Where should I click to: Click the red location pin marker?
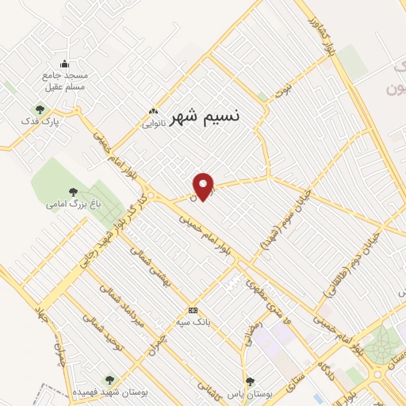coord(205,186)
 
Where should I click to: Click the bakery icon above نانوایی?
coord(154,112)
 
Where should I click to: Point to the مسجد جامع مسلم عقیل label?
coord(64,81)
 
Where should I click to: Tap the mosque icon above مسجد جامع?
coord(65,64)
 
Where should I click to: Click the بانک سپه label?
coord(193,323)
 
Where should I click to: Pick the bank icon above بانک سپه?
coord(193,310)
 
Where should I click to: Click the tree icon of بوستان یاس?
coord(251,381)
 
